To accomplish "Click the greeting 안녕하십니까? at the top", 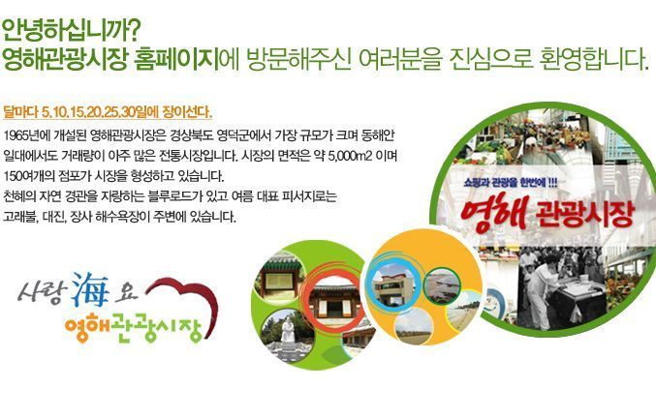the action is point(71,30).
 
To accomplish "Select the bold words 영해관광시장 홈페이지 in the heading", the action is point(110,59).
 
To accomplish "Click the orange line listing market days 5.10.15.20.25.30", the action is point(108,112).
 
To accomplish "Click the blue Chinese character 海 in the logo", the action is point(89,289).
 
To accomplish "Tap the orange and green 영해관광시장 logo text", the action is point(133,328).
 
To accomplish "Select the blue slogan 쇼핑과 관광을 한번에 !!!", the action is point(511,182).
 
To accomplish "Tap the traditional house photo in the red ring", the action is point(334,302).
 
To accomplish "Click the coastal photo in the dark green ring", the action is point(441,285).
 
